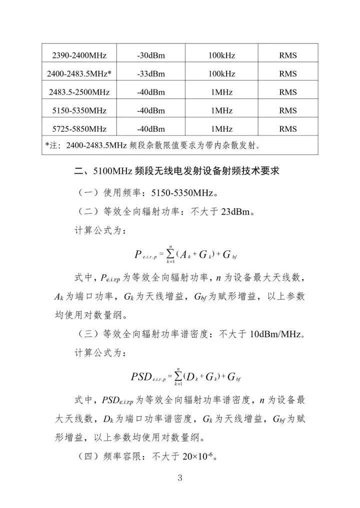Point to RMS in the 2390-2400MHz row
[288, 55]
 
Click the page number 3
[180, 479]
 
